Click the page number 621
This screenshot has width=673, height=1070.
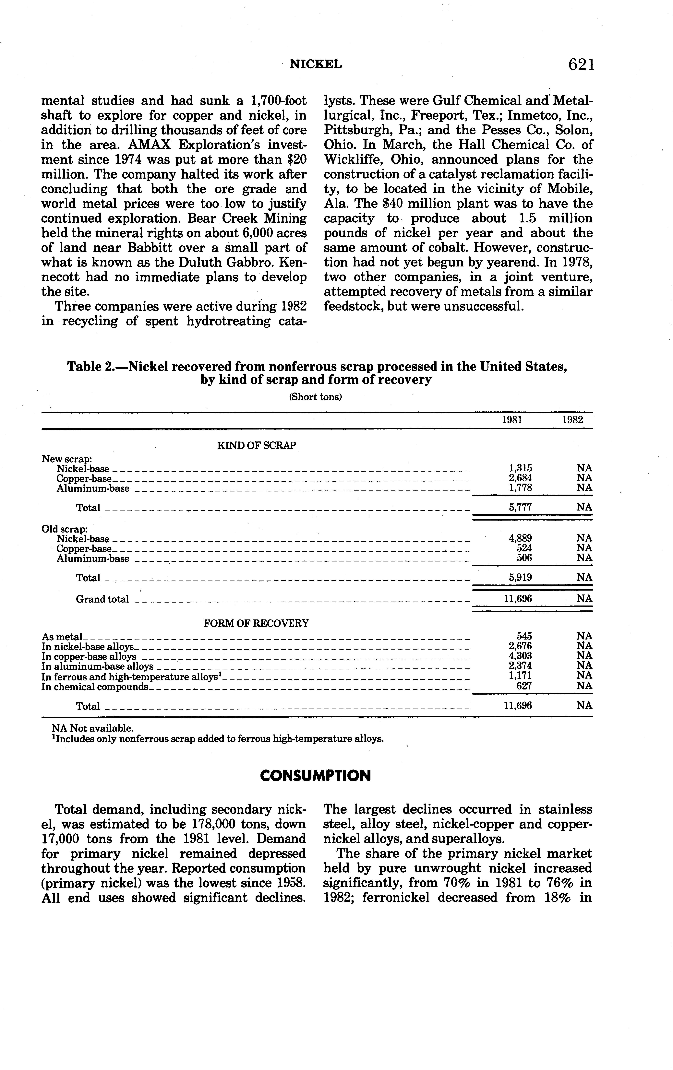pyautogui.click(x=581, y=65)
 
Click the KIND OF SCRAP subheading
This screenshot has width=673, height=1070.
pyautogui.click(x=257, y=446)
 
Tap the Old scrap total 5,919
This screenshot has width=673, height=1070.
pyautogui.click(x=520, y=578)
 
